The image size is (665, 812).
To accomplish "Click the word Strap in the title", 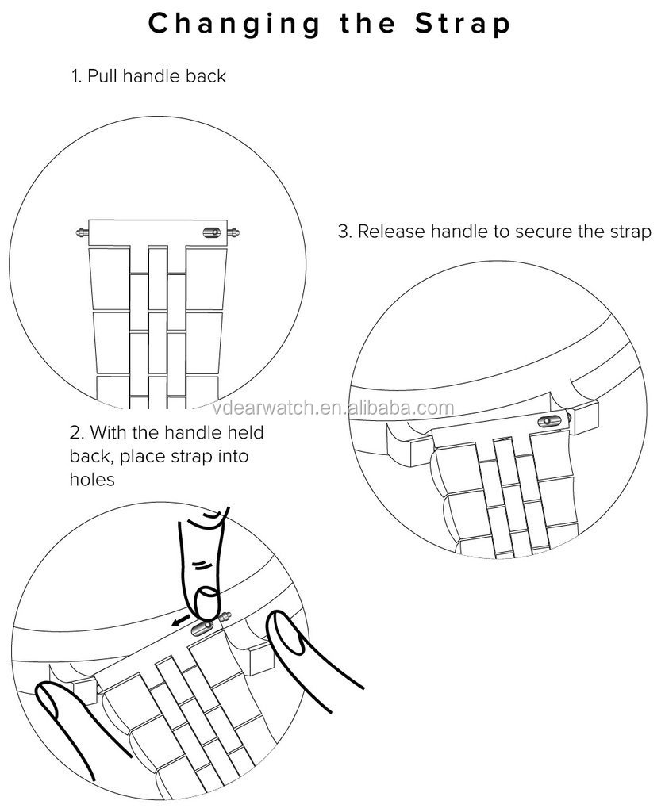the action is click(463, 24).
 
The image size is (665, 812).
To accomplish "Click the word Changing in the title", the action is click(234, 25).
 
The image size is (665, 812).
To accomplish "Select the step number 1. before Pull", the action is click(76, 76).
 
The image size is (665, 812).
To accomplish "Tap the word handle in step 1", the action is click(152, 75).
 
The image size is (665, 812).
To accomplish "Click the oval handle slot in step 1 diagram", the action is click(211, 232).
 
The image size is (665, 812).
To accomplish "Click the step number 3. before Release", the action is click(344, 232).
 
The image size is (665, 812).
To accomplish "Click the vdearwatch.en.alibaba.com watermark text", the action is click(333, 408).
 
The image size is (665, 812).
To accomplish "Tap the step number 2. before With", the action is click(77, 432).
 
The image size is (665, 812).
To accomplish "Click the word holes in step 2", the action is click(92, 479).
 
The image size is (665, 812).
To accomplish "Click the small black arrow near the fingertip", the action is click(181, 620).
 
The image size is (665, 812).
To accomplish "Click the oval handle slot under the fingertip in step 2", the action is click(202, 628).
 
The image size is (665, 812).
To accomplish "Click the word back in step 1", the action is click(206, 75).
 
